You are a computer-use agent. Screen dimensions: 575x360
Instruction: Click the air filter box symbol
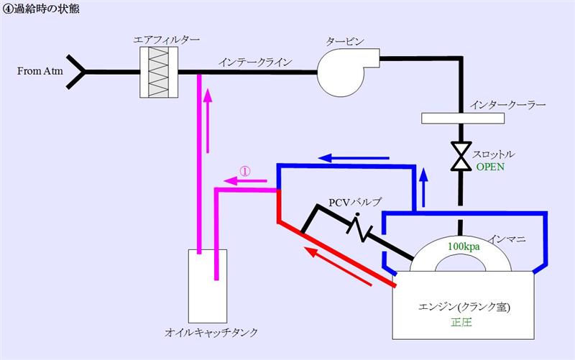pos(159,73)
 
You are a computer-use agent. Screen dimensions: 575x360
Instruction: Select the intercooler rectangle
pos(462,119)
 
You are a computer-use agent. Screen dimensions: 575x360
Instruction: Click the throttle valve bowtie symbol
pos(461,156)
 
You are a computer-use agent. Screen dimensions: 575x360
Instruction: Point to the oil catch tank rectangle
pos(207,286)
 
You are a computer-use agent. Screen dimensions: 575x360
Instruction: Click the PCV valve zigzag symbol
pos(358,227)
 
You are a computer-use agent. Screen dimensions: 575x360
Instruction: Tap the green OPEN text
pos(490,167)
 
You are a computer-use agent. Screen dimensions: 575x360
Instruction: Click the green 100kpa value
pos(464,246)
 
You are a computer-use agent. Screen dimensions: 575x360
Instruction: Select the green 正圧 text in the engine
pos(461,322)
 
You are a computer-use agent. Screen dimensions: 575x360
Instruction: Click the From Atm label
pos(40,70)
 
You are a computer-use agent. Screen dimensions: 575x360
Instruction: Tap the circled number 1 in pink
pos(245,171)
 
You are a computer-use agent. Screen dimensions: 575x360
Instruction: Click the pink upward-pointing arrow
pos(208,120)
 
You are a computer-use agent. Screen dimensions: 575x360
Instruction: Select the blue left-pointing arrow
pos(354,158)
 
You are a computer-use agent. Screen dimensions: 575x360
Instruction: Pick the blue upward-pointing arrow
pos(424,188)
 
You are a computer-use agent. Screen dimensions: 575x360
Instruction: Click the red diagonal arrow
pos(339,266)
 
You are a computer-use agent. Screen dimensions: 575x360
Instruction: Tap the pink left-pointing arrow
pos(245,181)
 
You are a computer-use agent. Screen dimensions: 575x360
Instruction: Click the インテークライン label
pos(255,63)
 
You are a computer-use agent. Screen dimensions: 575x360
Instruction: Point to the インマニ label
pos(507,239)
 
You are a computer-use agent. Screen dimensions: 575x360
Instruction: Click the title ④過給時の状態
pos(41,9)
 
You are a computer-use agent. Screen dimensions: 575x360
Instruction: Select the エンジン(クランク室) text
pos(464,307)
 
